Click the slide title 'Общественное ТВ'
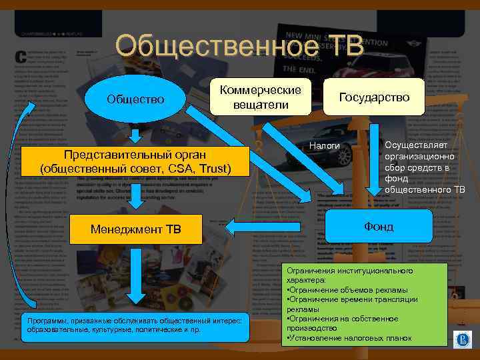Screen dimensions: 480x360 [x=239, y=47]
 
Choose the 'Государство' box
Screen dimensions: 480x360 [x=374, y=97]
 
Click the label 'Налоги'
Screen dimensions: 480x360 [x=325, y=146]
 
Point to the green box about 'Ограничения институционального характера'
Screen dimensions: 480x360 [x=364, y=304]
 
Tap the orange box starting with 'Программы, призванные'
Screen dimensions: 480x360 [x=134, y=325]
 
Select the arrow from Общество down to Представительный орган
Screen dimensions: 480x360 [x=135, y=135]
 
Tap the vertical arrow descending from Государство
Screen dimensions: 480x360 [x=374, y=160]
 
